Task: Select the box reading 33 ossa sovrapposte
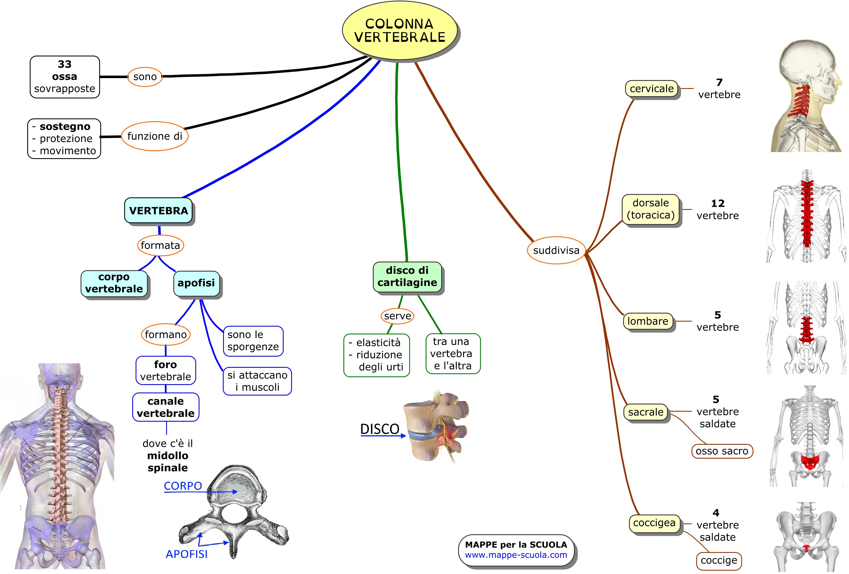pos(65,77)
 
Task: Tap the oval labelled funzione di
pos(154,136)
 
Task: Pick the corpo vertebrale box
pos(114,283)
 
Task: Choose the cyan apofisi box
pos(196,283)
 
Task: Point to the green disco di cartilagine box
pos(407,276)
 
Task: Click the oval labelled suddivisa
pos(556,250)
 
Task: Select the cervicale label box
pos(651,88)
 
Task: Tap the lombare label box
pos(648,321)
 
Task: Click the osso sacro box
pos(722,451)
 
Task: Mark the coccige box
pos(719,560)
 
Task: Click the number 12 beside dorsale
pos(718,203)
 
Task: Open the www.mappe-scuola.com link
pos(516,555)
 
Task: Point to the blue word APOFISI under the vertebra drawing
pos(186,554)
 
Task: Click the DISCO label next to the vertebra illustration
pos(379,429)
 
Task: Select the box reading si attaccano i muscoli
pos(257,381)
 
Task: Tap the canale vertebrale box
pos(166,407)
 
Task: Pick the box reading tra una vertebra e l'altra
pos(453,354)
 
